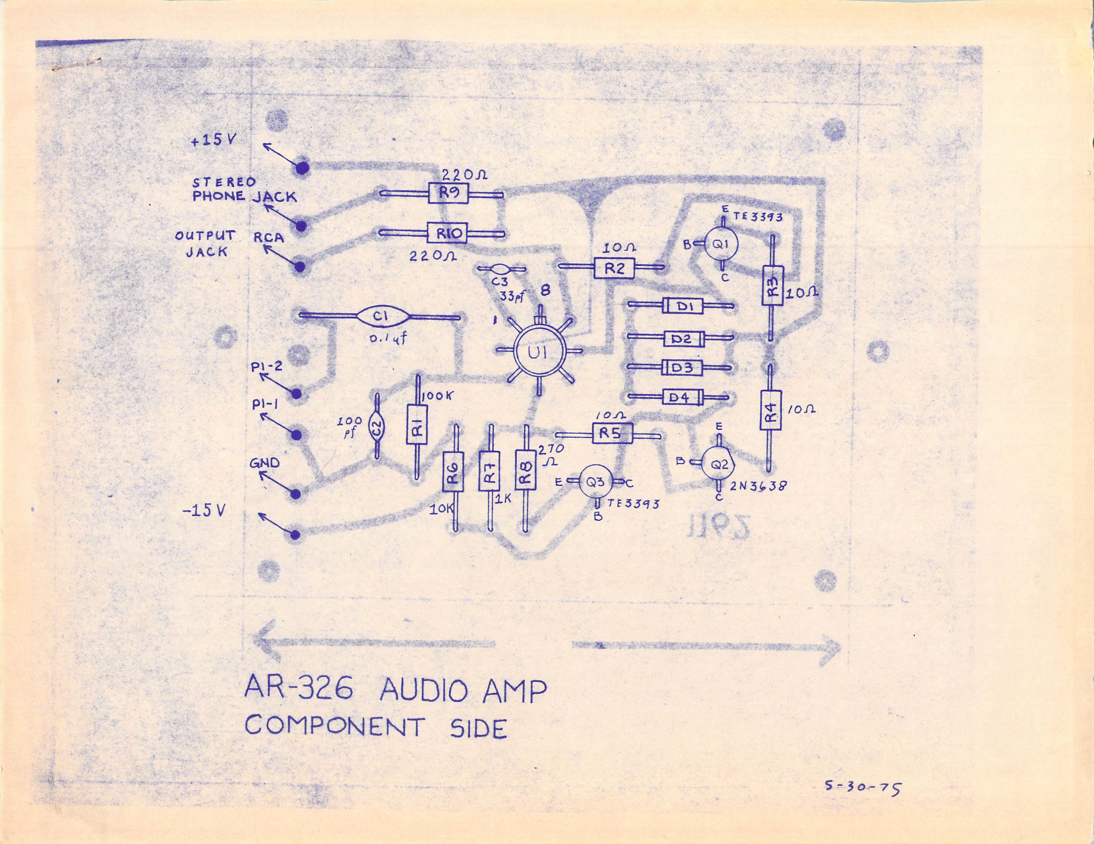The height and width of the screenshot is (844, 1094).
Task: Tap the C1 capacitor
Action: [x=381, y=317]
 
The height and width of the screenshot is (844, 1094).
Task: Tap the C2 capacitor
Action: [x=377, y=427]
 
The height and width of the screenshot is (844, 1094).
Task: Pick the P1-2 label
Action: [x=267, y=367]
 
